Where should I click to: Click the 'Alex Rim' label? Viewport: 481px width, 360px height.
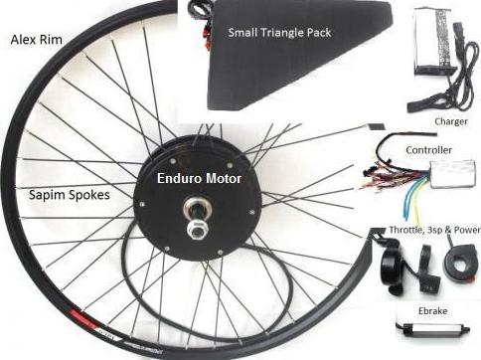pos(37,40)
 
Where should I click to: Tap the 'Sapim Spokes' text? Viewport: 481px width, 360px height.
pos(70,195)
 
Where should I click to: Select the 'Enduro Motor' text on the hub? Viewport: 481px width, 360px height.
pos(199,178)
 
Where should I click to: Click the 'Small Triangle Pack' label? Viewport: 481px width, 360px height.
pos(279,33)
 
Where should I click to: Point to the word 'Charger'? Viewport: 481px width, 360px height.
pos(451,121)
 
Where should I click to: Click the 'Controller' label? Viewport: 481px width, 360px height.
pos(428,150)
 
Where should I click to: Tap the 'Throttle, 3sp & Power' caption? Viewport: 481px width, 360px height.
pos(434,230)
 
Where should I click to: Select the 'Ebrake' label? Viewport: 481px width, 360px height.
pos(432,311)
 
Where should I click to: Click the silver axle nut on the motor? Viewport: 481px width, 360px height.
pos(198,228)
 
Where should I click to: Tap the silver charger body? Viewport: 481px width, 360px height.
pos(431,41)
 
